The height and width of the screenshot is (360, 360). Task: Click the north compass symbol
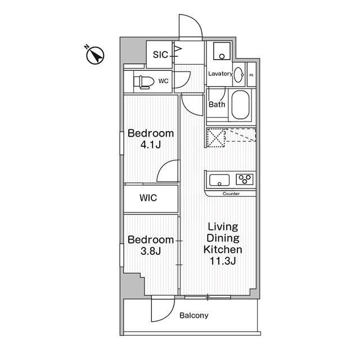click(95, 55)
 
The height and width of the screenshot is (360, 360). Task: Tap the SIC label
click(160, 55)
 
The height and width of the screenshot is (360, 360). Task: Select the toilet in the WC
click(143, 82)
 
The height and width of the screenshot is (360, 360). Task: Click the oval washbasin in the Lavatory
click(238, 75)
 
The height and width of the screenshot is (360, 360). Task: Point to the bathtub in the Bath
click(240, 105)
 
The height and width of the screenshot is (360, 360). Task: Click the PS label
click(251, 75)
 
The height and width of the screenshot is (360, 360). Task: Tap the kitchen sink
click(219, 180)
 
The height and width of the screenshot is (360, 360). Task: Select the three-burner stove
click(245, 179)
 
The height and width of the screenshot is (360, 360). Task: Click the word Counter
click(231, 193)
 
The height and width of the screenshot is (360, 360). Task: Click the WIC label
click(148, 197)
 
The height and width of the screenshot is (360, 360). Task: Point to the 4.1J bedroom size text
click(151, 145)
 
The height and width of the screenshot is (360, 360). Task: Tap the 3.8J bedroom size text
click(151, 251)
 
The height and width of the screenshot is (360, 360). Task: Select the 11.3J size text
click(223, 261)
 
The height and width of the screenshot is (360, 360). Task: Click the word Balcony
click(193, 316)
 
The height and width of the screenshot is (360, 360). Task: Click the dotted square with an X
click(216, 138)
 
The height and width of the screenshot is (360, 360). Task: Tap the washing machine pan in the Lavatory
click(222, 51)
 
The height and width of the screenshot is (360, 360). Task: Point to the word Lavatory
click(220, 74)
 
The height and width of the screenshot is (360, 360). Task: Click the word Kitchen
click(223, 250)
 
